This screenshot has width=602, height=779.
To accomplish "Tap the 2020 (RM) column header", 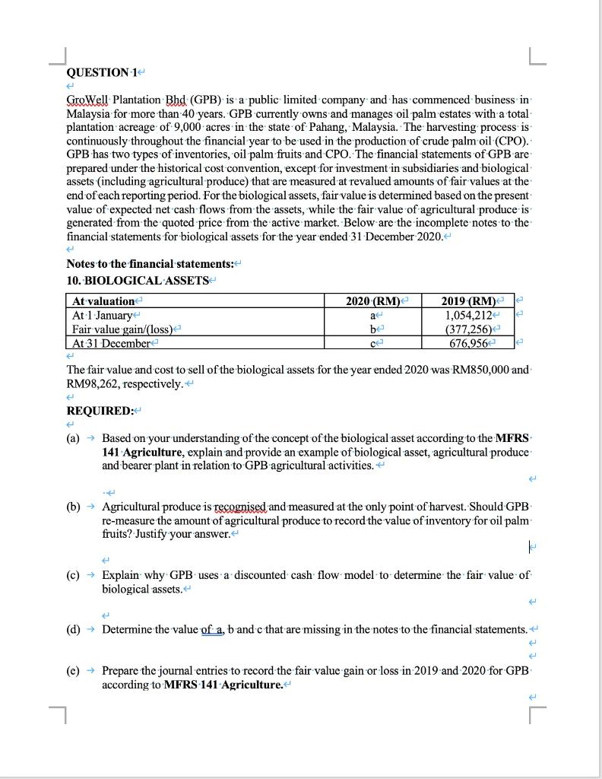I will pos(371,301).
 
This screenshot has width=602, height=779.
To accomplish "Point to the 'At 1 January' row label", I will pos(102,315).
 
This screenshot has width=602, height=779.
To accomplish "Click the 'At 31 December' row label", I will pos(111,343).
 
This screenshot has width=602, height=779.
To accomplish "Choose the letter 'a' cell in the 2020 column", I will pos(371,315).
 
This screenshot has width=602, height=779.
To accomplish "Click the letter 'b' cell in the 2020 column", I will pos(371,329).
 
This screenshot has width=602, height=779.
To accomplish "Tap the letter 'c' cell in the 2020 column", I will pos(371,343).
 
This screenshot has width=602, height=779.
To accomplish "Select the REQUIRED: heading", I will pos(100,411).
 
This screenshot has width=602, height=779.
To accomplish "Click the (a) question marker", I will pos(74,439).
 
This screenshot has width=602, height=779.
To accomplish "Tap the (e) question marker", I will pos(74,672).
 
